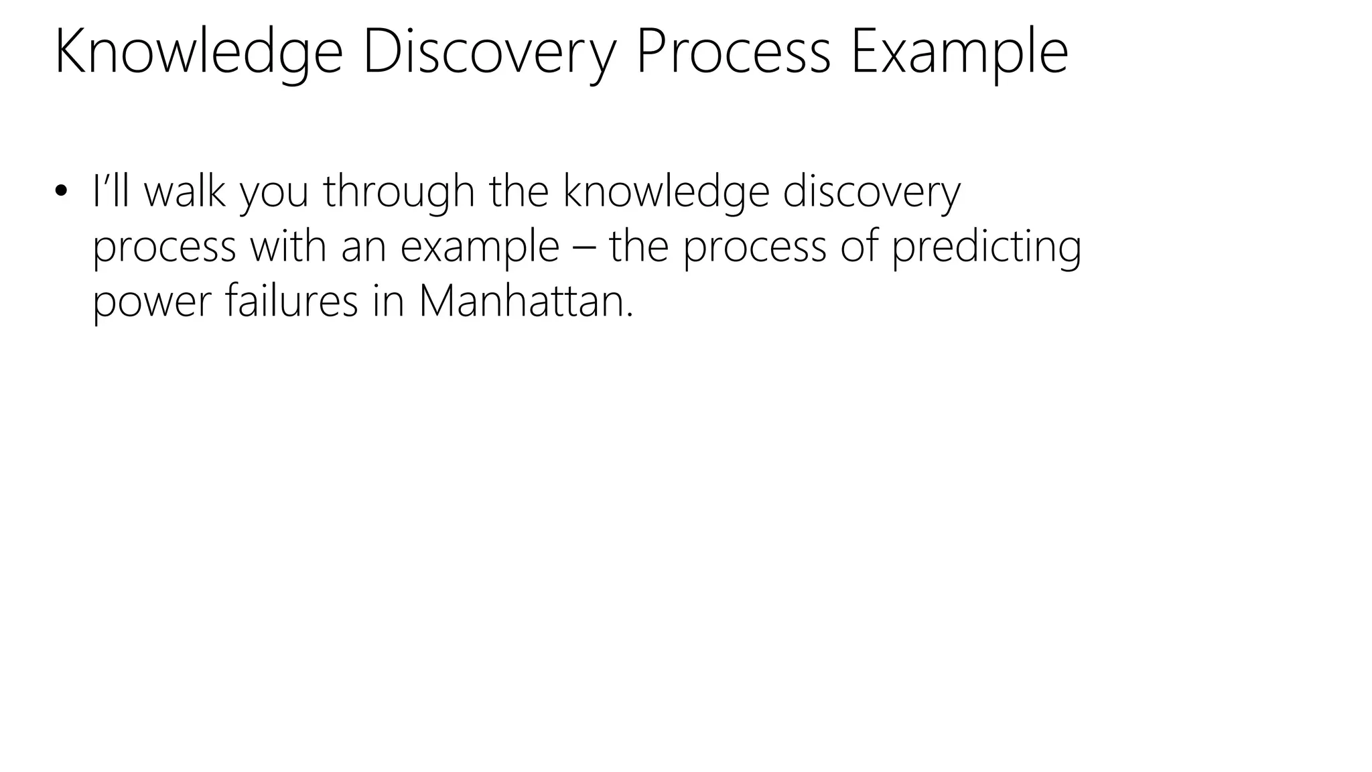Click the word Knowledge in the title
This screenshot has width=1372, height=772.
click(x=198, y=54)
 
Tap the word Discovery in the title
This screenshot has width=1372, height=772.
click(x=490, y=54)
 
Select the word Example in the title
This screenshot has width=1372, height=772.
click(x=959, y=54)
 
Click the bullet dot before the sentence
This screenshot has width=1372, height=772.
click(x=62, y=192)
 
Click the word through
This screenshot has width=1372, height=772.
click(x=399, y=192)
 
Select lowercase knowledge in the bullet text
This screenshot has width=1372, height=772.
click(x=666, y=192)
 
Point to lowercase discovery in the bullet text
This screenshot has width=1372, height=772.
click(x=872, y=192)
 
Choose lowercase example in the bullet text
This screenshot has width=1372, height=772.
click(x=480, y=247)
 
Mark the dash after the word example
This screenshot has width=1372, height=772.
click(x=584, y=247)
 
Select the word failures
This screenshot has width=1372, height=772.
click(x=291, y=301)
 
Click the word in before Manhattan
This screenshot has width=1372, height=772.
click(x=389, y=301)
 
